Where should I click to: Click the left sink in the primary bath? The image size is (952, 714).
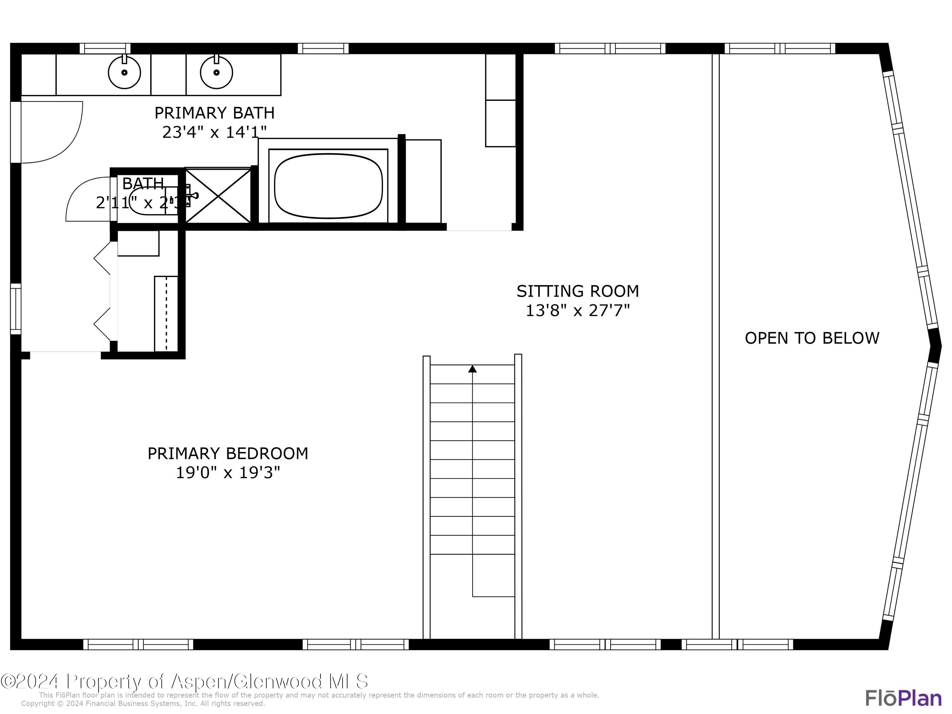(x=124, y=72)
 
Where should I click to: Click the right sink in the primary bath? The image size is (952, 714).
(x=216, y=72)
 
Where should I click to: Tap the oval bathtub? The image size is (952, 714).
(x=328, y=186)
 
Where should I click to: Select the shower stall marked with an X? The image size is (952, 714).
(x=219, y=196)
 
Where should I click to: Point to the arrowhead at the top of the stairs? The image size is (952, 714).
(x=472, y=369)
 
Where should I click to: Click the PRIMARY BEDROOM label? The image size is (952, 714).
(x=228, y=453)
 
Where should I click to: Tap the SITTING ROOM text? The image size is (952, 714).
(x=578, y=291)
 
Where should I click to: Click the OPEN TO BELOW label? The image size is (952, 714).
(x=812, y=338)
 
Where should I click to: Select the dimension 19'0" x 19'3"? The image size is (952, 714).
(x=228, y=473)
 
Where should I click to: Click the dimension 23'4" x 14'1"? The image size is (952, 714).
(x=214, y=132)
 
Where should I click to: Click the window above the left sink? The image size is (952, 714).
(x=105, y=48)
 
